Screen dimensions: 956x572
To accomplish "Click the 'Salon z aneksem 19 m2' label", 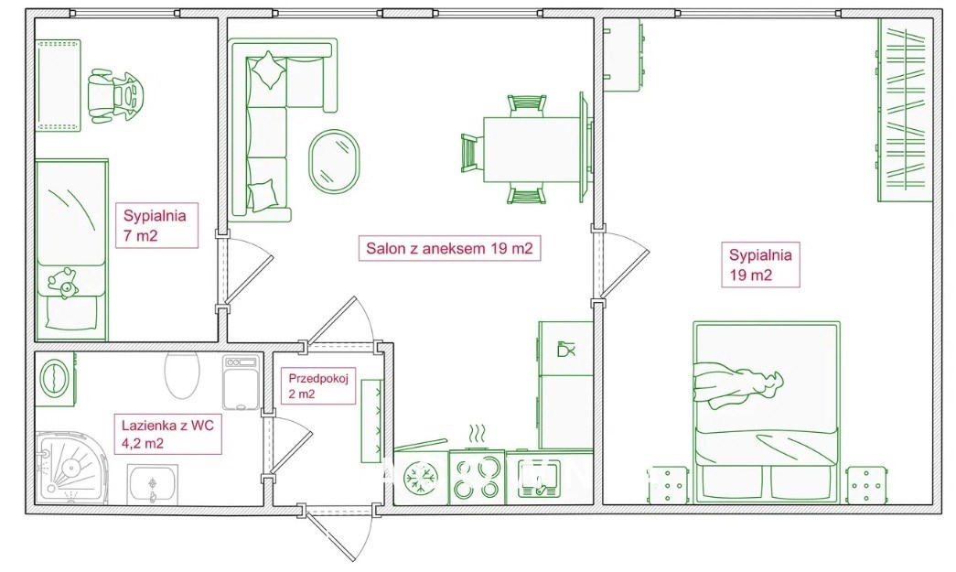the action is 449,248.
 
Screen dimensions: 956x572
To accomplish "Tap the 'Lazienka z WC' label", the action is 167,425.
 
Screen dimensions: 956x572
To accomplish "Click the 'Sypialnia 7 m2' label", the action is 155,225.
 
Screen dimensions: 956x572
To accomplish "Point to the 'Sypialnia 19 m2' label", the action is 760,264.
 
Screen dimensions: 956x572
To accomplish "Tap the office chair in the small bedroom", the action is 118,96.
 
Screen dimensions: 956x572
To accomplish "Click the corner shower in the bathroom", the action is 70,469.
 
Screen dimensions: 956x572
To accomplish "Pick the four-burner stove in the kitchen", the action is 478,477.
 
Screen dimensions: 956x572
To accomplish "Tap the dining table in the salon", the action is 531,149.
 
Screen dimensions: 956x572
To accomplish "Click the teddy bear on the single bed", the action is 63,283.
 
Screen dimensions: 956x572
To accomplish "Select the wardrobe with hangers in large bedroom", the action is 905,110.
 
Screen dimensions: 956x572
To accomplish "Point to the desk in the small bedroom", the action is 58,85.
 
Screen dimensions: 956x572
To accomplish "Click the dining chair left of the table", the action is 472,153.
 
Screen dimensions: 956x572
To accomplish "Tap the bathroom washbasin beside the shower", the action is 153,484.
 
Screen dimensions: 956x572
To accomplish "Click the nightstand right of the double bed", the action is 865,485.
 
